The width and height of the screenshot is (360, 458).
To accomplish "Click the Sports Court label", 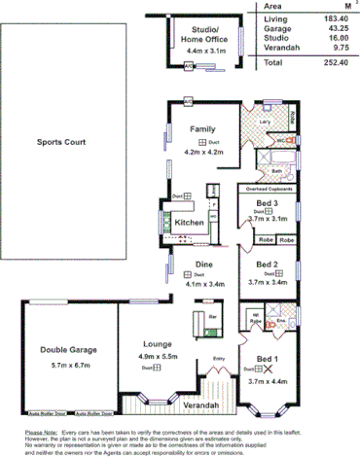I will [61, 142].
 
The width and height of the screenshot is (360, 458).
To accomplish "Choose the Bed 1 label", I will [265, 358].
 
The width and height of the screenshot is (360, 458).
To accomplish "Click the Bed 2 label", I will [268, 264].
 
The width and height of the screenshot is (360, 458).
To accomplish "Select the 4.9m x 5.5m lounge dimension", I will [159, 357].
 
